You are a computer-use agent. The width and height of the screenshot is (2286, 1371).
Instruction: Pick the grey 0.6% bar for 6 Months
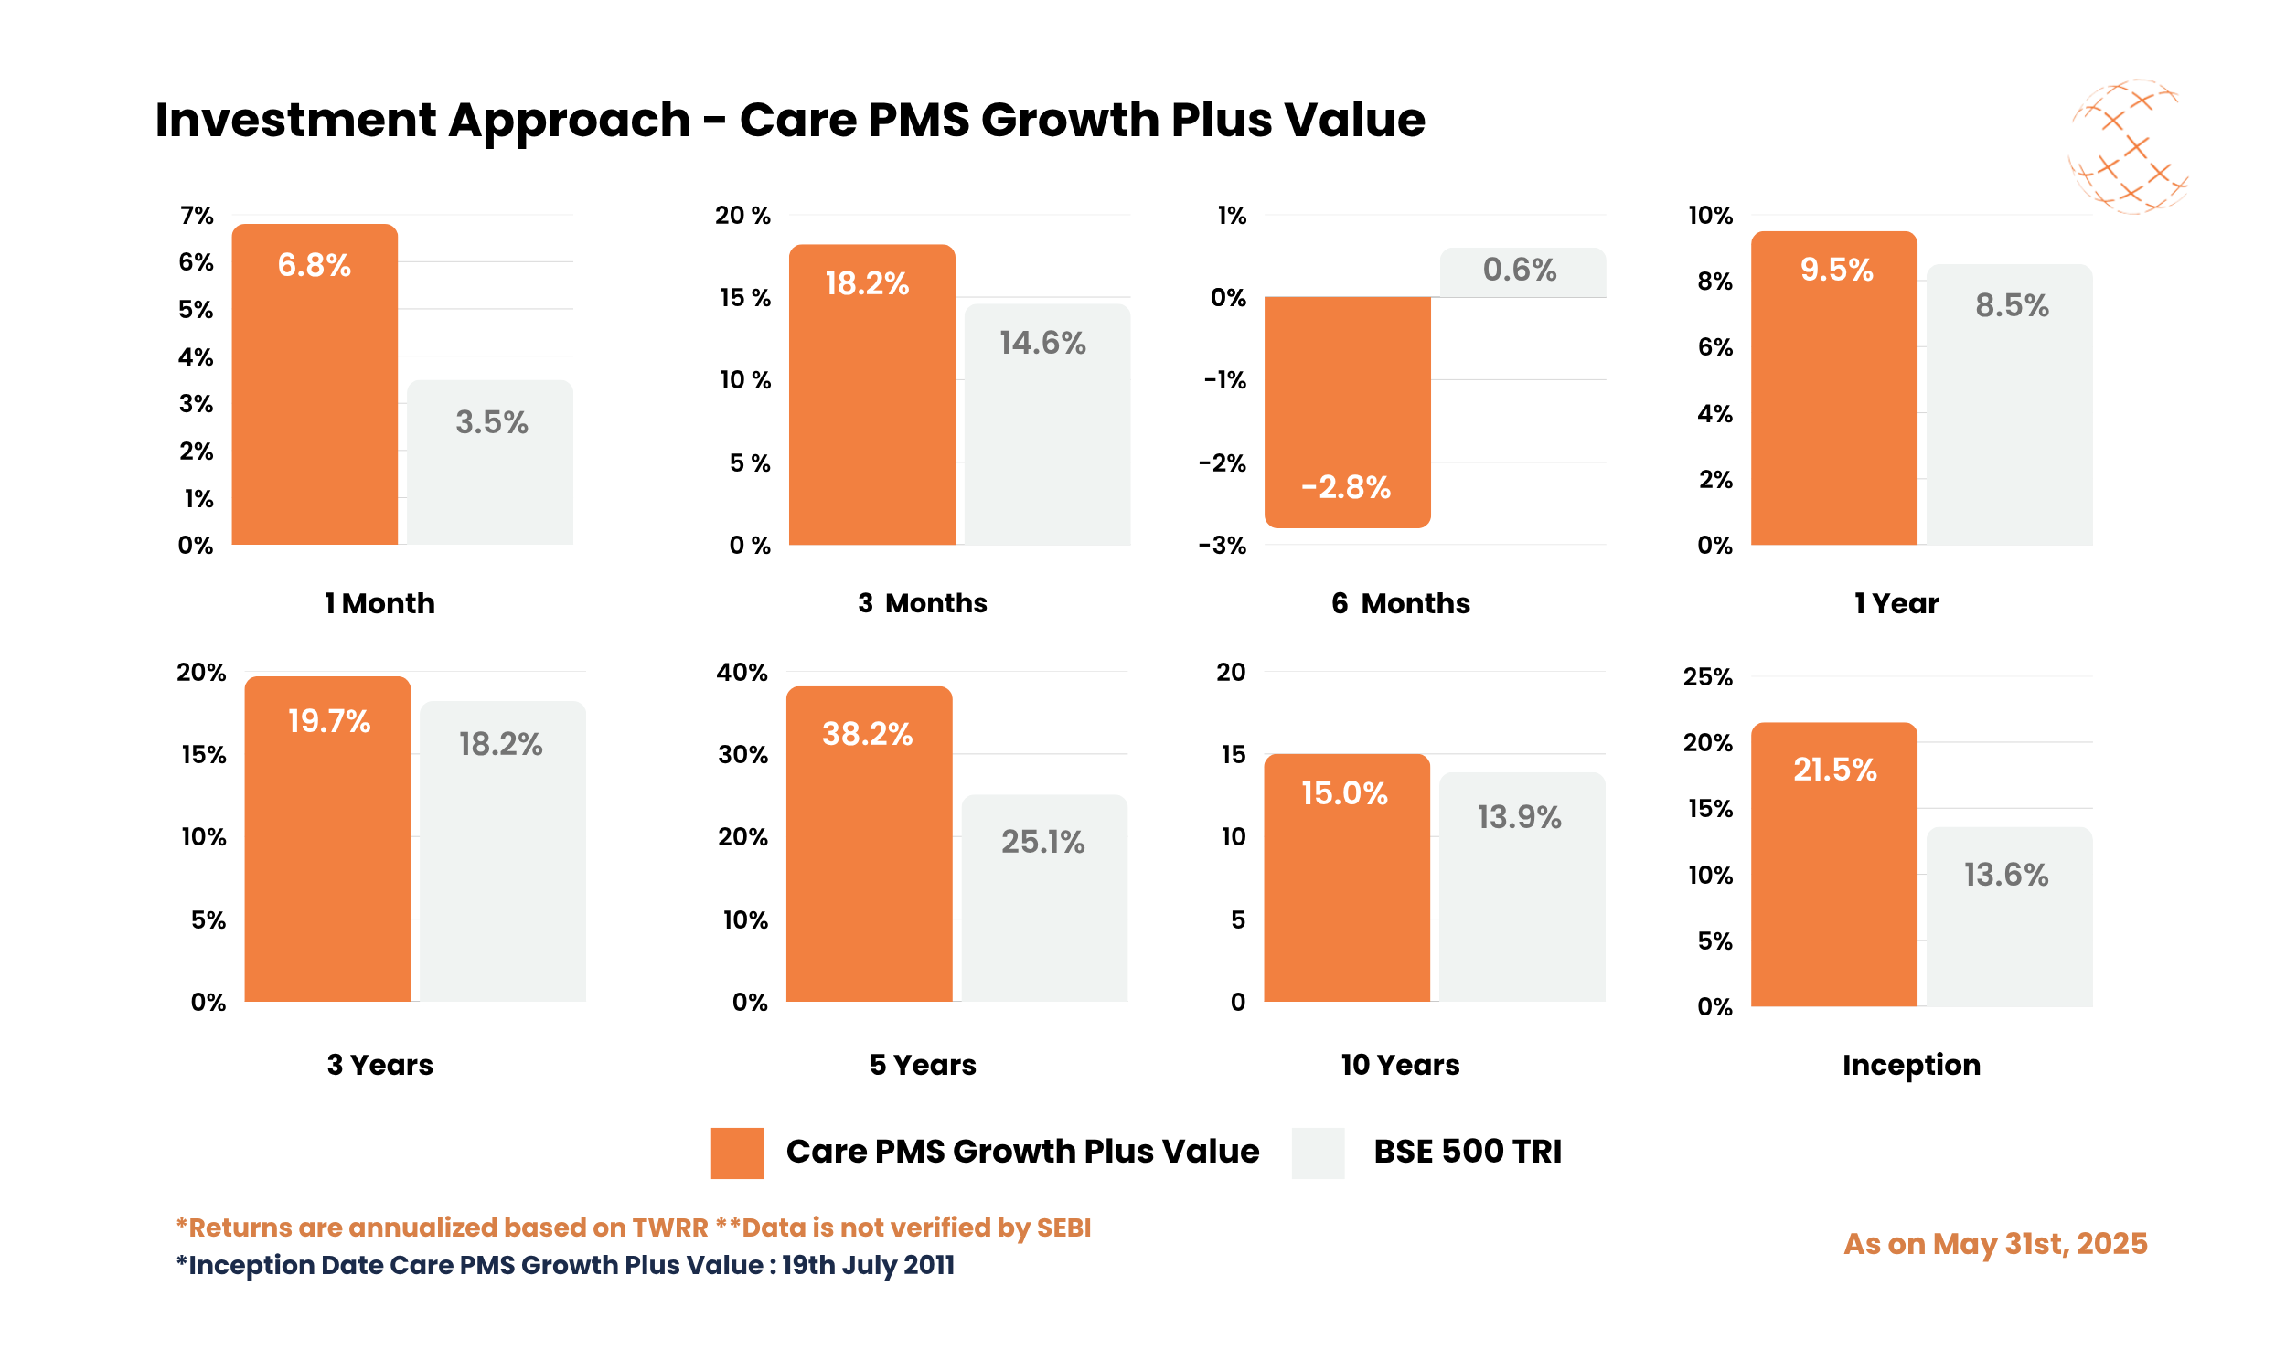[x=1522, y=271]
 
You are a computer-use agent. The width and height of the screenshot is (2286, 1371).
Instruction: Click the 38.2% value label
[x=867, y=734]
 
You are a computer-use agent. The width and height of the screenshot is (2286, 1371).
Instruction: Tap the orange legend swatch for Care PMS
[x=736, y=1152]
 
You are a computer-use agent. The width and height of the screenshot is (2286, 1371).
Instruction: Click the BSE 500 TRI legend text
[x=1467, y=1152]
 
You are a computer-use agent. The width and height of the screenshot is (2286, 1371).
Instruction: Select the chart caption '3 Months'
[x=922, y=603]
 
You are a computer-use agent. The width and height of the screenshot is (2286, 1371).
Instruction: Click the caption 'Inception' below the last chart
[x=1910, y=1064]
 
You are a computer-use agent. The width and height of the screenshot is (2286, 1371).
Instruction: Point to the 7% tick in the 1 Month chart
[x=196, y=216]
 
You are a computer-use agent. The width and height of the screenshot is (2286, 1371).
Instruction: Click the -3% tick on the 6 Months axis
[x=1222, y=545]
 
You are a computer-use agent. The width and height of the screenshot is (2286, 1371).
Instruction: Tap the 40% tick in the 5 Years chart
[x=741, y=672]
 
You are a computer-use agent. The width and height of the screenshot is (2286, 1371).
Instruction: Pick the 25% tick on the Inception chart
[x=1706, y=676]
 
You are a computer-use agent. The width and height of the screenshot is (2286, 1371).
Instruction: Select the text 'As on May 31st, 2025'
[x=1994, y=1244]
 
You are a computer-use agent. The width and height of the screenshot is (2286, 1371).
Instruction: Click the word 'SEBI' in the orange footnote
[x=1063, y=1227]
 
